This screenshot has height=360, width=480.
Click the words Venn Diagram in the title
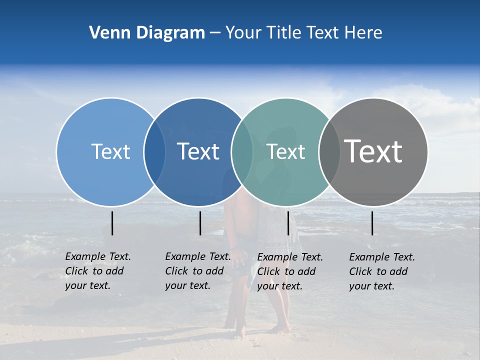click(146, 33)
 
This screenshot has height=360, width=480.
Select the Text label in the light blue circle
click(110, 151)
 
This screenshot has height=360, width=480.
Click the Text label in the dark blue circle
click(198, 151)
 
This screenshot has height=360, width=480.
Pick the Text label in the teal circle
click(285, 151)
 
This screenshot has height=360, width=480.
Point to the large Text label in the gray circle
click(373, 151)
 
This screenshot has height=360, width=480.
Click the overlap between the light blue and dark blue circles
click(154, 151)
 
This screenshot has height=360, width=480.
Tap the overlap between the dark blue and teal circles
click(242, 151)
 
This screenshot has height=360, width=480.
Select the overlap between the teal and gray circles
click(329, 151)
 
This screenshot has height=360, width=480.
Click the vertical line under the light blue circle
click(112, 223)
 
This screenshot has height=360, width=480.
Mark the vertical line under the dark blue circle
click(200, 223)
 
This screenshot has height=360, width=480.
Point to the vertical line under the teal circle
click(288, 223)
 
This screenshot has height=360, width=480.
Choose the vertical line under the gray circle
click(372, 223)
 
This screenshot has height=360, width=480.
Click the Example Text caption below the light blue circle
click(97, 271)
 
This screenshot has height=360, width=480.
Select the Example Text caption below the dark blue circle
click(197, 271)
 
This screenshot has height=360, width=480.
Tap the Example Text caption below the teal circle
click(289, 271)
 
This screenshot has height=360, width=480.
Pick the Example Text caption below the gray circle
click(381, 271)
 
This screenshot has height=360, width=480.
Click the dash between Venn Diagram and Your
click(214, 33)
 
